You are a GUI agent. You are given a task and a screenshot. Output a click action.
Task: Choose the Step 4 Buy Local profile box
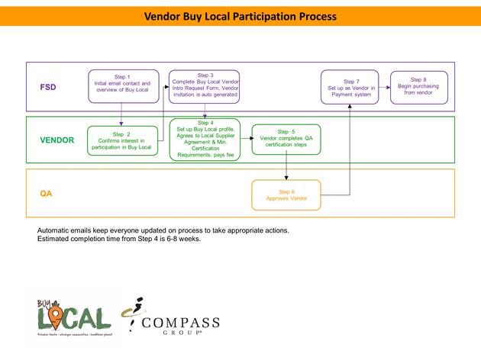tap(205, 139)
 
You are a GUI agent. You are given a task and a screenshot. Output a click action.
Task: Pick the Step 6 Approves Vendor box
tap(286, 194)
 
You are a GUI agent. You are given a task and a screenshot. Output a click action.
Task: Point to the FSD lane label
tap(48, 88)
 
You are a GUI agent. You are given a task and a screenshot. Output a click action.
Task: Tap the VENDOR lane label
tap(57, 140)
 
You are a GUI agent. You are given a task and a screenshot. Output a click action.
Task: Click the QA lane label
tap(47, 194)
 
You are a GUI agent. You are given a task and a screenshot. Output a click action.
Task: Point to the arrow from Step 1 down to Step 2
tap(122, 114)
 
